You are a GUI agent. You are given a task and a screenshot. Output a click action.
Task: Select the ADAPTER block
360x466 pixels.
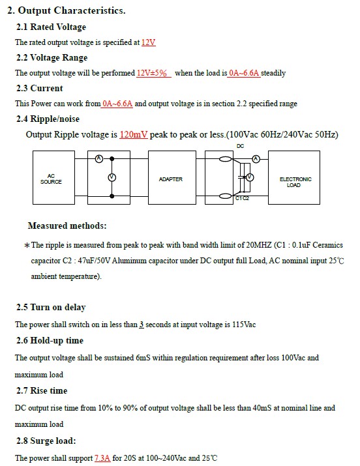(x=172, y=177)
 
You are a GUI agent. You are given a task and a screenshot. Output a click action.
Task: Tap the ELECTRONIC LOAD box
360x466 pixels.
(x=294, y=177)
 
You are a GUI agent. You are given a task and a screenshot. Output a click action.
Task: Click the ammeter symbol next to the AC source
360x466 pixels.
(x=99, y=159)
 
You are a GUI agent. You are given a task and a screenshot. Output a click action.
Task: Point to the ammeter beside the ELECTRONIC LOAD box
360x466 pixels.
(x=256, y=159)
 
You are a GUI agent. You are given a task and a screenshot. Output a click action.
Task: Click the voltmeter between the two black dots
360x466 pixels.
(x=112, y=177)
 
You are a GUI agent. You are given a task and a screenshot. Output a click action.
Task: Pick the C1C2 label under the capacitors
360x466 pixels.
(x=242, y=198)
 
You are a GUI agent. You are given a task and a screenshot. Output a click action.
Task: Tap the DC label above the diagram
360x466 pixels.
(x=240, y=146)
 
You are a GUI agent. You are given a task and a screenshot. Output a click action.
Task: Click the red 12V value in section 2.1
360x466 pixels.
(x=148, y=42)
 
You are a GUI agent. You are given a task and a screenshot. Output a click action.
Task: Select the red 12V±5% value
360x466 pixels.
(x=151, y=73)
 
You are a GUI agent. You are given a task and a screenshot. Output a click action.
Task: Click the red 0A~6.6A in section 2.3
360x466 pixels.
(x=117, y=104)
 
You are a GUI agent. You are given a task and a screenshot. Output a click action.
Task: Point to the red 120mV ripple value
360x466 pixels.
(x=134, y=135)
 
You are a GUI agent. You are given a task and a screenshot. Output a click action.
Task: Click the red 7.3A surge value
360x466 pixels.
(x=102, y=458)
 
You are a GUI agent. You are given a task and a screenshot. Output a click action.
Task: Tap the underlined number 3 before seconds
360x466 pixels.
(x=142, y=324)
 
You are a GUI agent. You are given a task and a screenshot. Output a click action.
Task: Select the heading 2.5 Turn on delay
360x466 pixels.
(x=51, y=307)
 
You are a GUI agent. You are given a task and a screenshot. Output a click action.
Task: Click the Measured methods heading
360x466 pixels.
(x=67, y=226)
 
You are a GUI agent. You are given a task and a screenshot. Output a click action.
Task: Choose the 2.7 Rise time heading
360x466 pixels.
(x=42, y=390)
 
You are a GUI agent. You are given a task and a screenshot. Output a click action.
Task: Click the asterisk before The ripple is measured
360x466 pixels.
(x=27, y=246)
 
